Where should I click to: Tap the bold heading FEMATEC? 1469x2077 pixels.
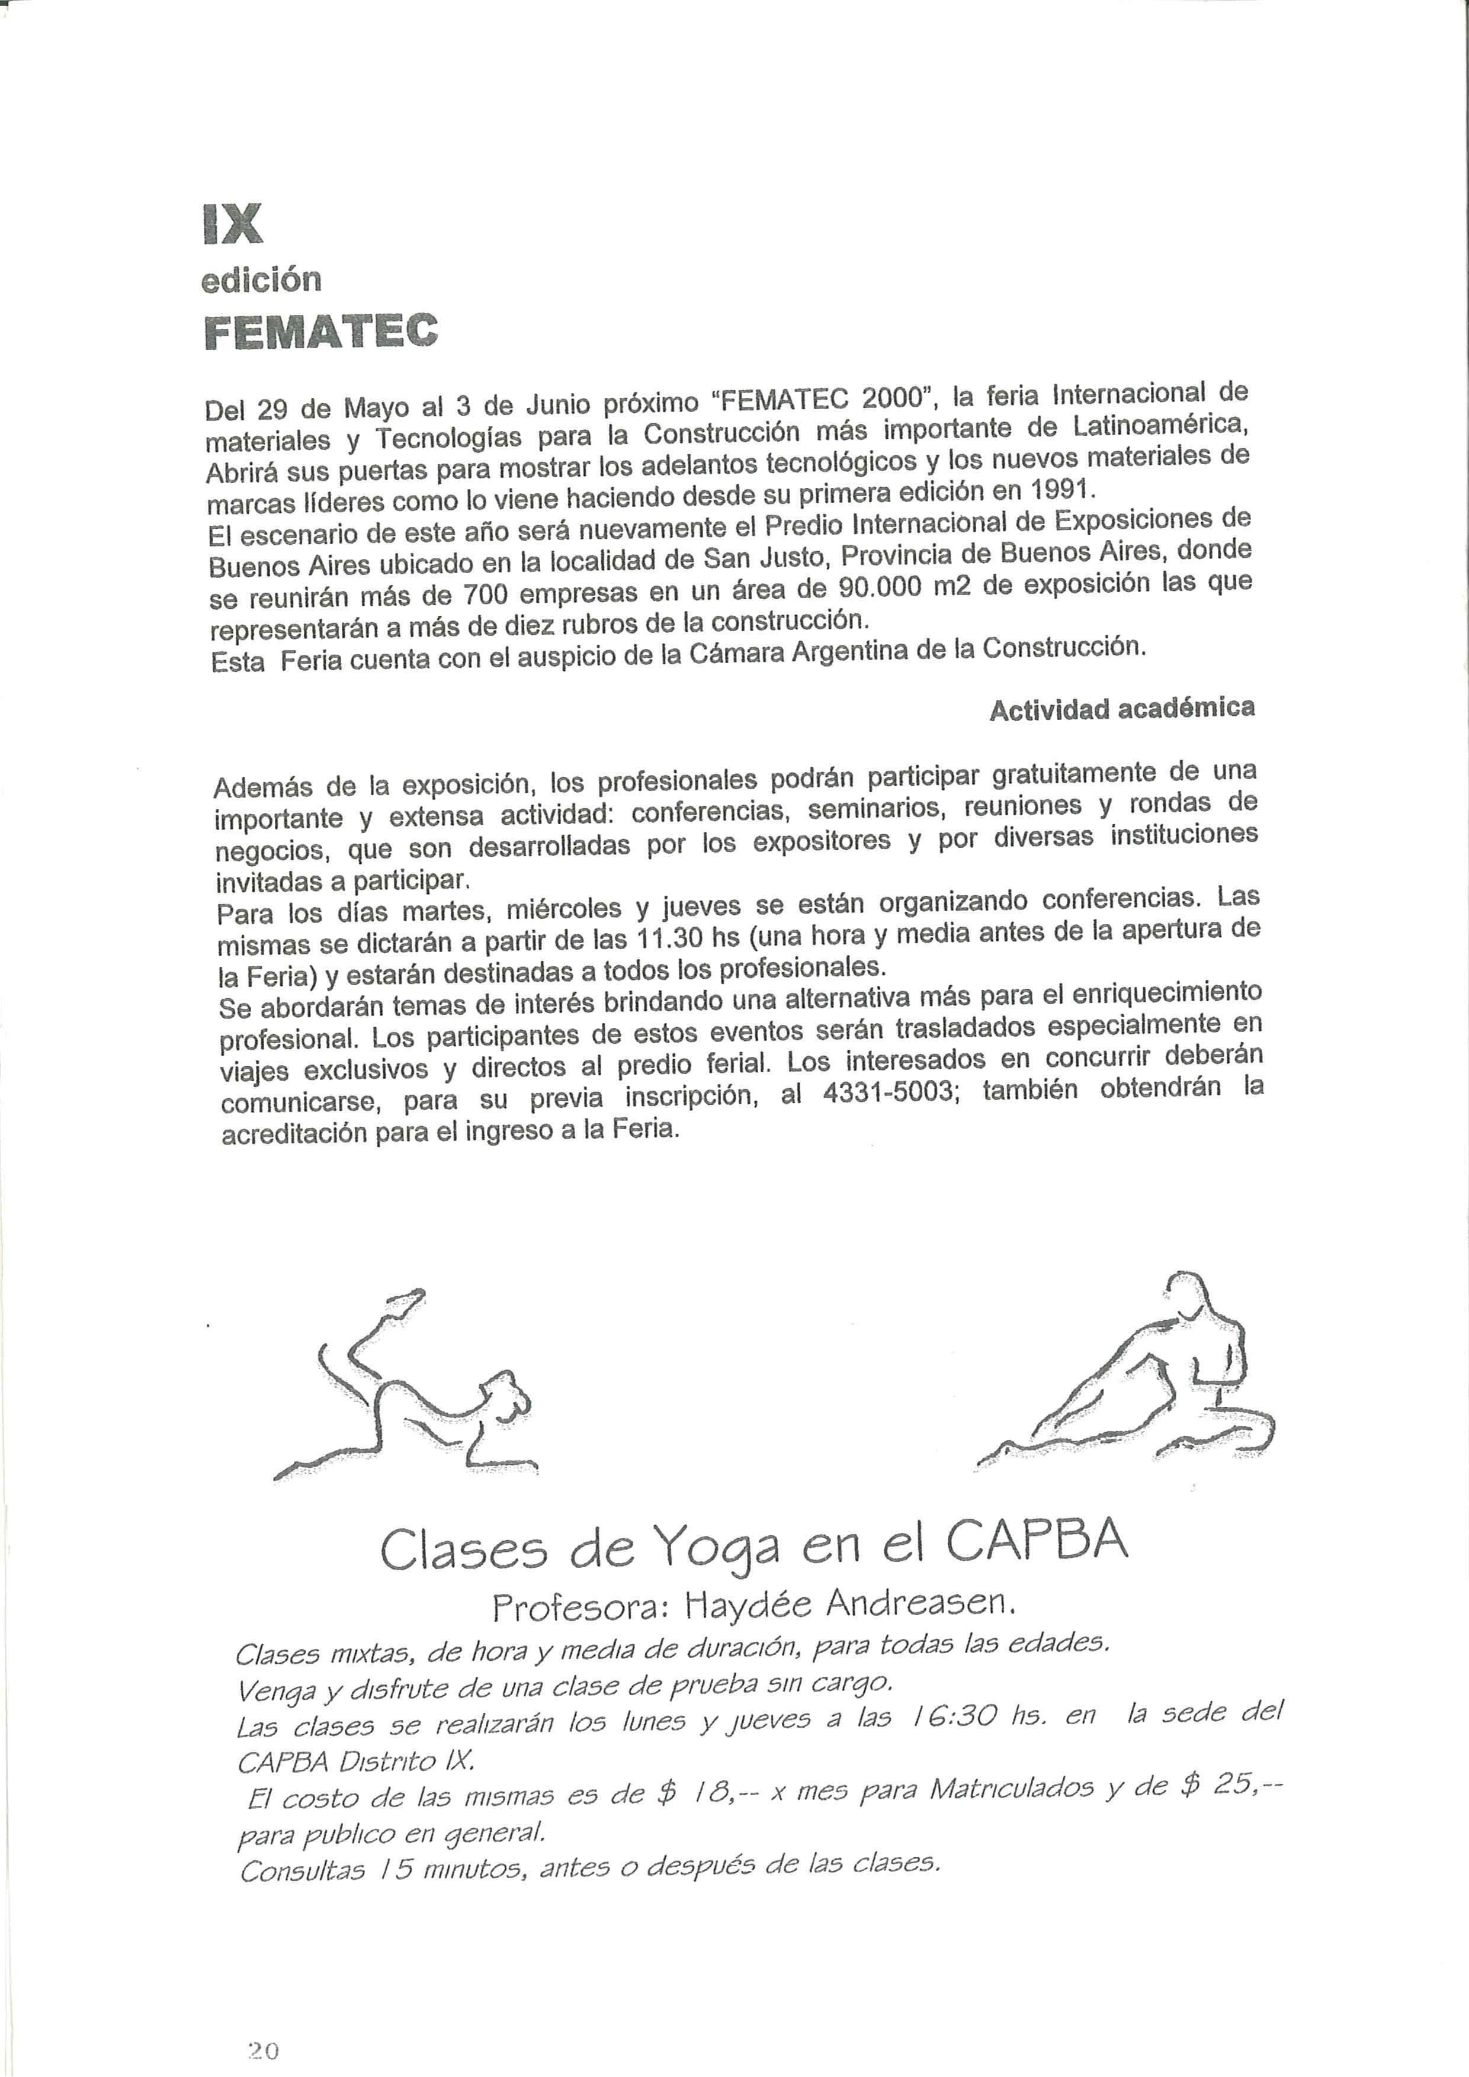click(321, 332)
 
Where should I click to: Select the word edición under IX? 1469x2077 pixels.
click(261, 281)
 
